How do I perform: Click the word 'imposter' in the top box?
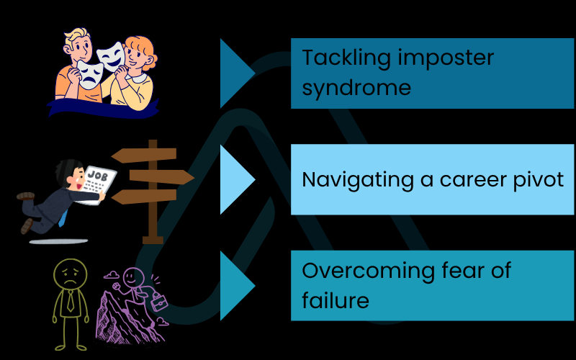(x=447, y=57)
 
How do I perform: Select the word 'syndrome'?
(x=356, y=88)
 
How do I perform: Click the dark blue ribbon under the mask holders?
(x=101, y=108)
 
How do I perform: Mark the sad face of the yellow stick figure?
(x=69, y=276)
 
